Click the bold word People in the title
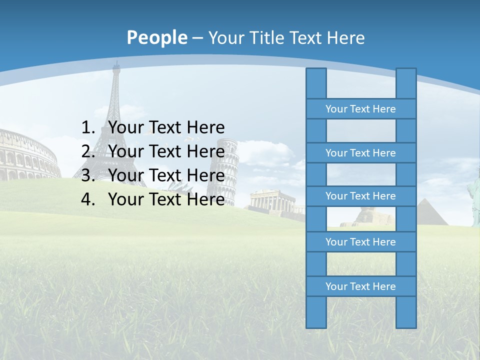pos(156,37)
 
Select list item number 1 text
pos(166,127)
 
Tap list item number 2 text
pos(166,151)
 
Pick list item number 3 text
pos(166,175)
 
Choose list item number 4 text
pos(166,199)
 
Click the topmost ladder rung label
pos(360,109)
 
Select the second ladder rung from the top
pos(360,153)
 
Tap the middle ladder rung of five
pos(360,196)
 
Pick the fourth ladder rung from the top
pos(360,242)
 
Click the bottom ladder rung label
pos(360,286)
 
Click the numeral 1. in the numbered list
pos(88,127)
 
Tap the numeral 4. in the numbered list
pos(88,199)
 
